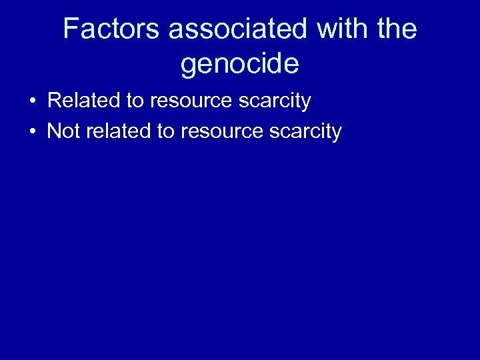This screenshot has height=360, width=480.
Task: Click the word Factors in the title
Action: pyautogui.click(x=111, y=29)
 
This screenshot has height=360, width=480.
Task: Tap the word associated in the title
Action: pyautogui.click(x=237, y=29)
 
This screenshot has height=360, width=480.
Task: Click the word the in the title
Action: pyautogui.click(x=396, y=29)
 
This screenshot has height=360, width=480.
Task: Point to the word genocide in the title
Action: pyautogui.click(x=239, y=65)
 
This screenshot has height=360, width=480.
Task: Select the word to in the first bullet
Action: pyautogui.click(x=134, y=101)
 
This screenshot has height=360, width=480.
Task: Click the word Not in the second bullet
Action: pyautogui.click(x=63, y=131)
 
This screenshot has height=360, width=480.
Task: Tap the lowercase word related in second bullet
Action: pyautogui.click(x=118, y=131)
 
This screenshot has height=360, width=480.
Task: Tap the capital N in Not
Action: pyautogui.click(x=53, y=131)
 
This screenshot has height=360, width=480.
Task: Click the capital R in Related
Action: pyautogui.click(x=55, y=101)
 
